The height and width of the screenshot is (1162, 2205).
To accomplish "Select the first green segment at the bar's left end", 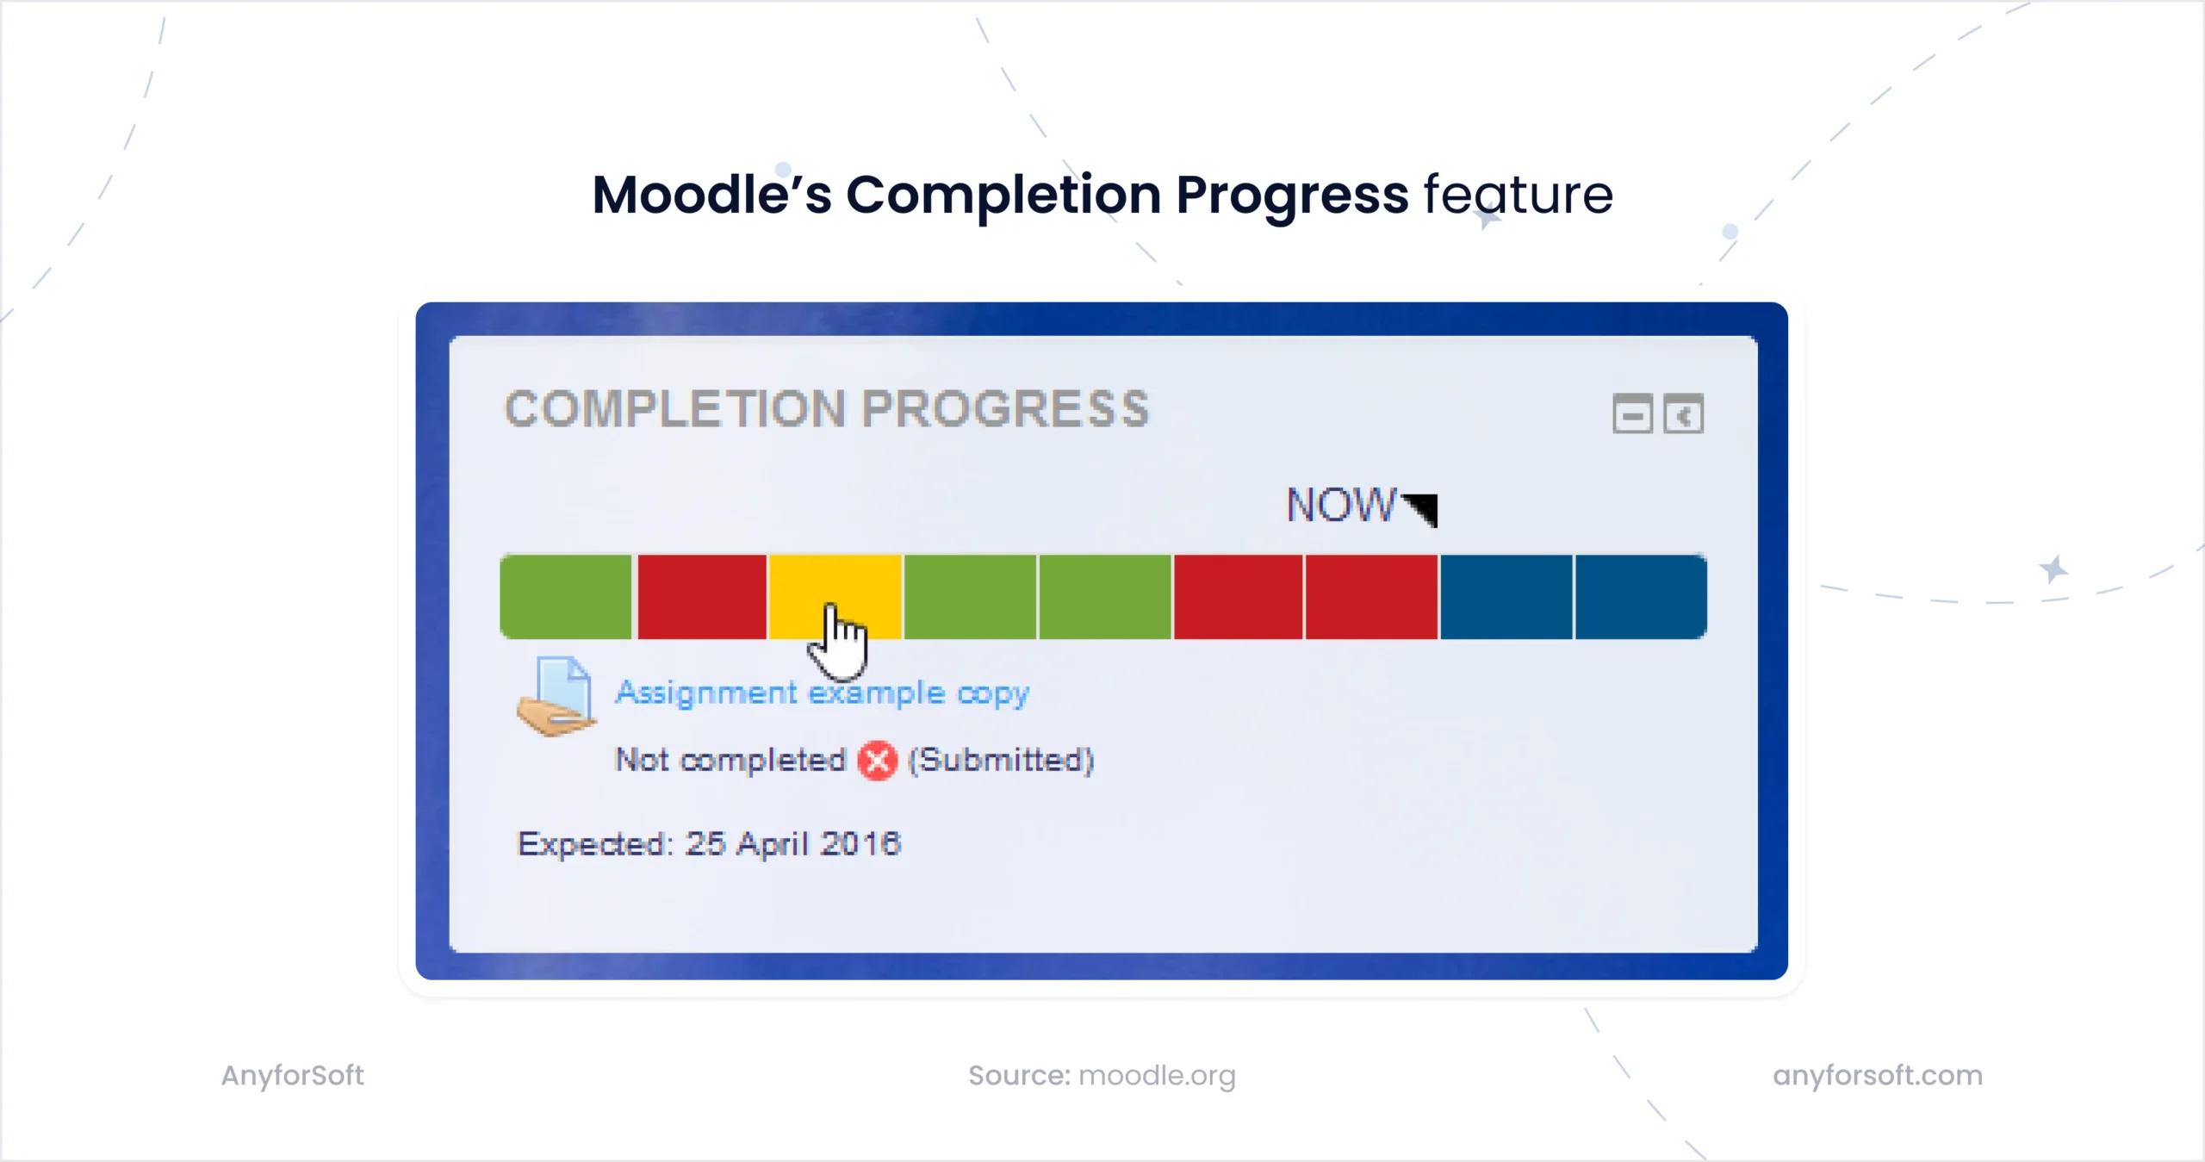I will coord(566,597).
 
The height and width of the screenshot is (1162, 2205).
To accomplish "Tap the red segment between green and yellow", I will coord(701,597).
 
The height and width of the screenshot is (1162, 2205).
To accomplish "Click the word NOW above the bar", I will coord(1340,505).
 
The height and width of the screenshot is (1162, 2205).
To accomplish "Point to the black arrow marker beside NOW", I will coord(1423,508).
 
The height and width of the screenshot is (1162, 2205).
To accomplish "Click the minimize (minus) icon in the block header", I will coord(1632,415).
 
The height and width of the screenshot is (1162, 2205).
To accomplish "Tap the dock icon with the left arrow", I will coord(1684,415).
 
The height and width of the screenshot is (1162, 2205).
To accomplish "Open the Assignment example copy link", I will coord(822,693).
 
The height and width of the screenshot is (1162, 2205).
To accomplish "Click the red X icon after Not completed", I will coord(877,761).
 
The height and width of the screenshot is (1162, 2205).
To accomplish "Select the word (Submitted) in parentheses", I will coord(1001,761).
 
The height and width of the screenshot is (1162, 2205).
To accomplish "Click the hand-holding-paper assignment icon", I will coord(556,696).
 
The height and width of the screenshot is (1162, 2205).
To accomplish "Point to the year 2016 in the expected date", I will coord(860,843).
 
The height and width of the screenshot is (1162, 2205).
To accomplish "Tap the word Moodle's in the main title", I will coord(711,195).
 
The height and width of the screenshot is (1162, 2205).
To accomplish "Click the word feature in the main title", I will coord(1518,195).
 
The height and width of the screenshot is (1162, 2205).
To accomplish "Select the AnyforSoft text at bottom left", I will coord(292,1075).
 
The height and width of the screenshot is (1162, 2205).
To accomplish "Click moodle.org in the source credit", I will coord(1157,1075).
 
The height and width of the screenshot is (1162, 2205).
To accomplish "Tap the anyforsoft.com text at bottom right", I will coord(1878,1075).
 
